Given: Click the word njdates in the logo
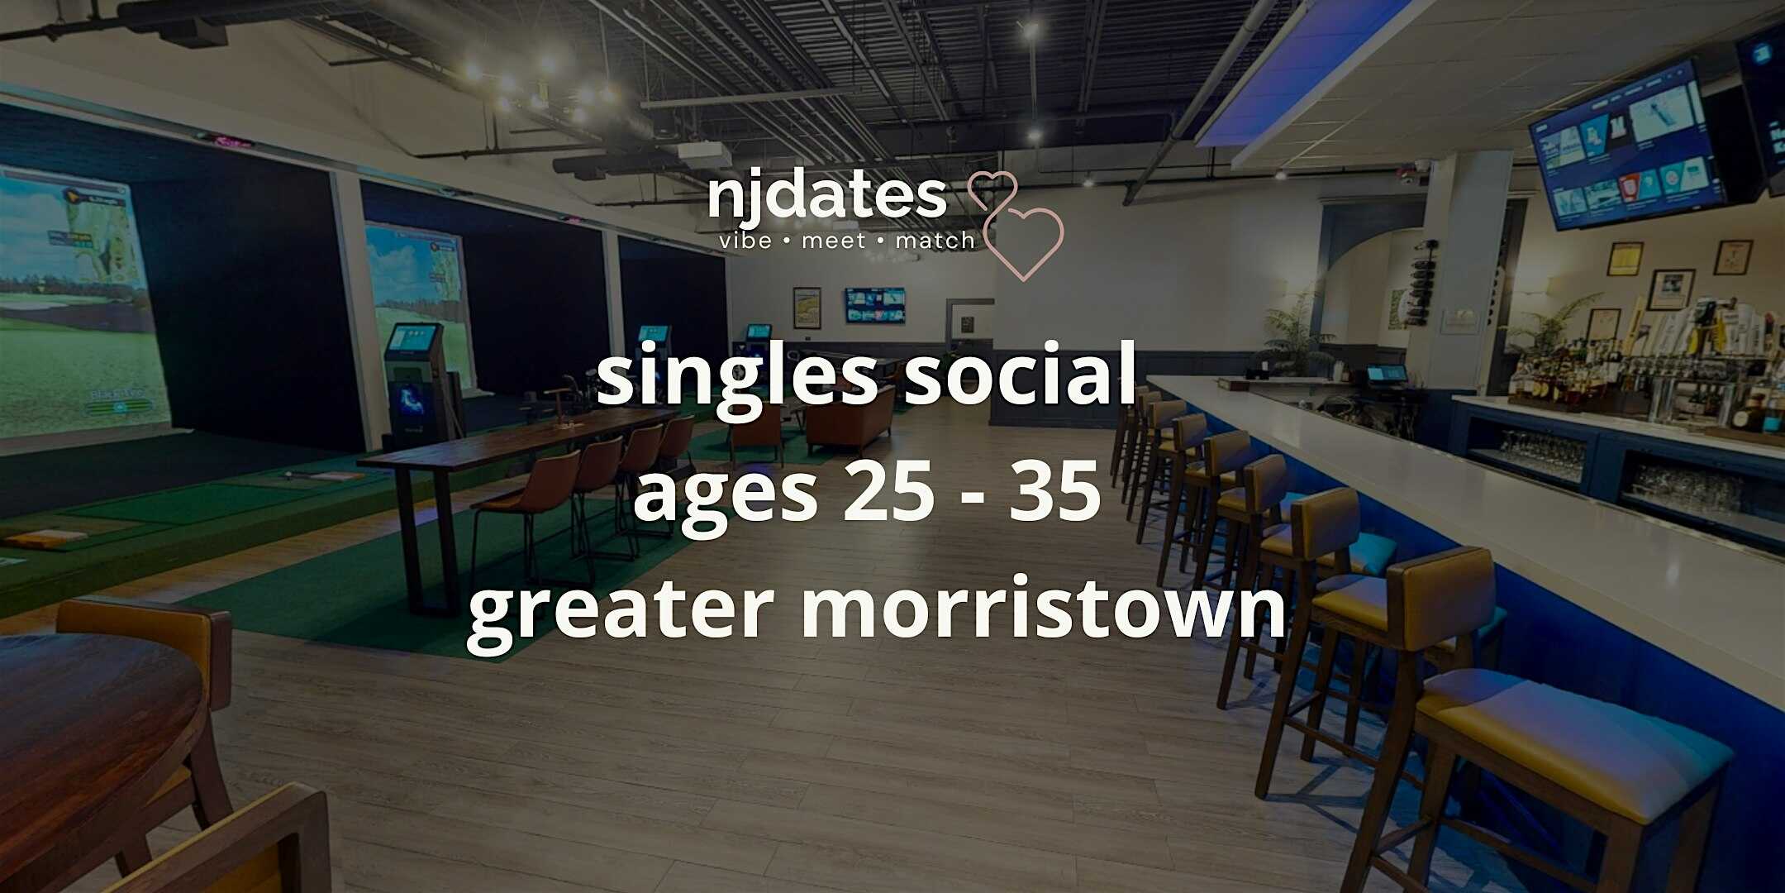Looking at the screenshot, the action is click(x=827, y=198).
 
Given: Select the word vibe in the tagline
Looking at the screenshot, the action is click(x=745, y=241).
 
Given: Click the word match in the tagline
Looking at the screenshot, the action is click(x=935, y=241).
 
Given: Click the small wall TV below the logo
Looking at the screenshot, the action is click(x=874, y=304).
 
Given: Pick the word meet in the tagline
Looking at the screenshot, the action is click(x=833, y=241).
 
